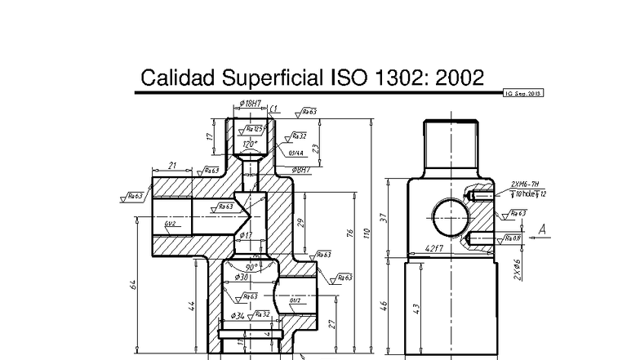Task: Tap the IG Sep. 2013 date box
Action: (523, 94)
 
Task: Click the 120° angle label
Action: (251, 144)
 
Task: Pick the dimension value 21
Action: (172, 166)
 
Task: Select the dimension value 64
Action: (133, 285)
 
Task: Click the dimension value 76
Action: (349, 236)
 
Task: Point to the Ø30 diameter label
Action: (242, 278)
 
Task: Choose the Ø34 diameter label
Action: (238, 315)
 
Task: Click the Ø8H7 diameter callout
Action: (303, 170)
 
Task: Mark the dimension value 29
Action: (301, 223)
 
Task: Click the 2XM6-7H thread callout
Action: (522, 184)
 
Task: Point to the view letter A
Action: (541, 230)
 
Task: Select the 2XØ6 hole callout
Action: (517, 269)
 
